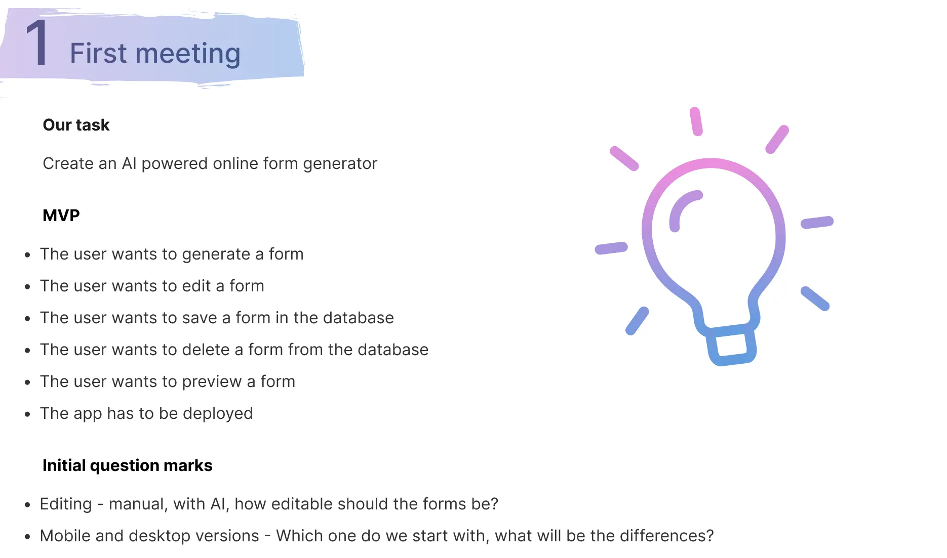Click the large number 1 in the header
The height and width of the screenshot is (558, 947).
coord(37,44)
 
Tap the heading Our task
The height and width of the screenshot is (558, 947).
coord(76,125)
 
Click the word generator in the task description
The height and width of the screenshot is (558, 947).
coord(340,164)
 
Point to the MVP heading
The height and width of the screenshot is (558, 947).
coord(61,216)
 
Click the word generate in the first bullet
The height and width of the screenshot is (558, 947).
coord(216,254)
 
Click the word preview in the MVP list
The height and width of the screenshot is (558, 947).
coord(211,382)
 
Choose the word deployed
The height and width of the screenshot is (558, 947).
coord(218,414)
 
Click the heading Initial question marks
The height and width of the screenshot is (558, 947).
coord(127,465)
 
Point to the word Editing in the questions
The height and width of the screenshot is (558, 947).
coord(66,504)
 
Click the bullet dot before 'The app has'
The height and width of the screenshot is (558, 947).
coord(28,414)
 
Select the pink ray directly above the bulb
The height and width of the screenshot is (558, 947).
coord(696,121)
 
